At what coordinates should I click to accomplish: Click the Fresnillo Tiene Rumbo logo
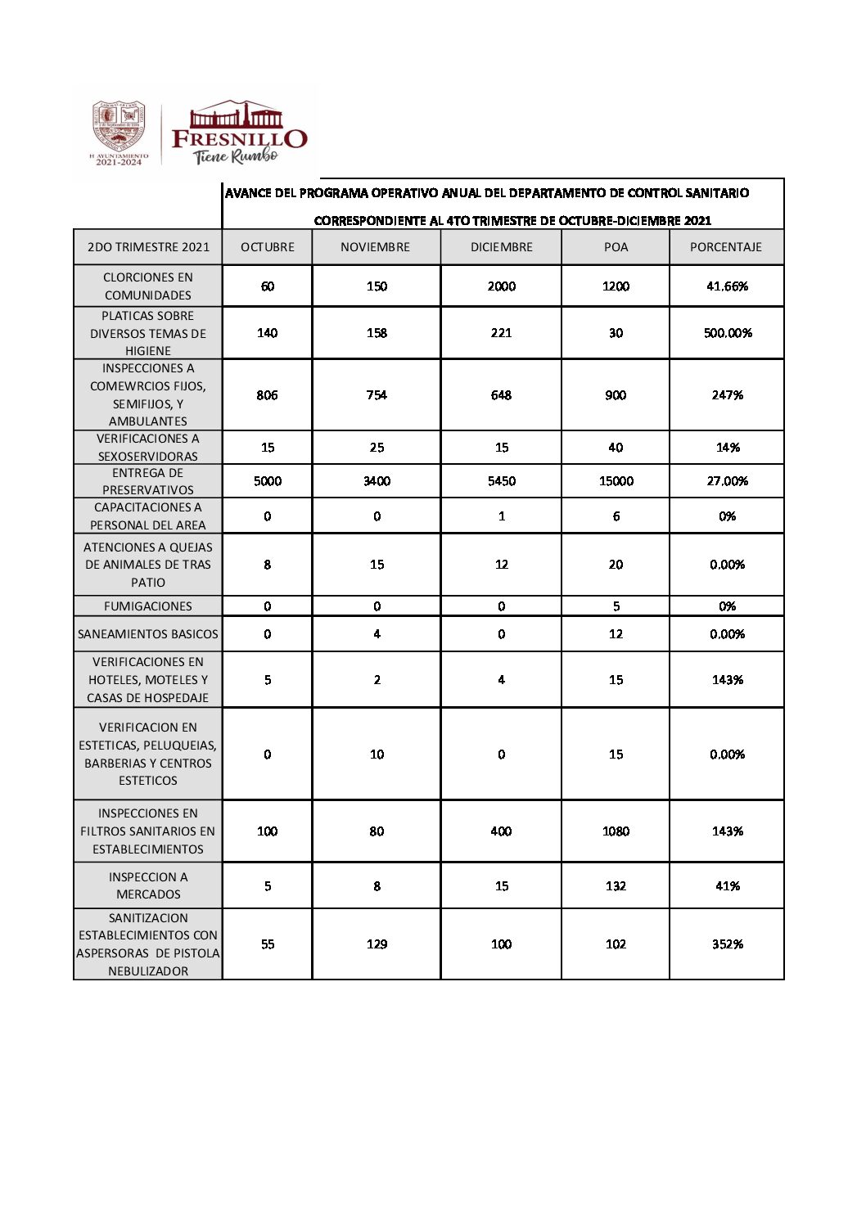tap(238, 133)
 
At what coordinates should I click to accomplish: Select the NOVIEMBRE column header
tap(376, 247)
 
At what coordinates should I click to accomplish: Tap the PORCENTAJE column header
tap(726, 247)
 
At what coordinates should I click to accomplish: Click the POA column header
tap(616, 247)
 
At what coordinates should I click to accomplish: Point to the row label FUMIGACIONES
tap(148, 606)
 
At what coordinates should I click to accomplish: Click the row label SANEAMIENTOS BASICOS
tap(148, 634)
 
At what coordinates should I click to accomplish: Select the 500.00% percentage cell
tap(728, 333)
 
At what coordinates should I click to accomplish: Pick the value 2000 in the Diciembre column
tap(502, 286)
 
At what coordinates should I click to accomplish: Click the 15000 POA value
tap(616, 481)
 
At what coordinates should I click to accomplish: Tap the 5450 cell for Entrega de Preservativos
tap(502, 481)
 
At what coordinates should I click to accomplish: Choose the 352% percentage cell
tap(728, 944)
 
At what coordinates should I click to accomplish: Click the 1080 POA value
tap(616, 831)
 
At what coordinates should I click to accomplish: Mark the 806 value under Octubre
tap(268, 395)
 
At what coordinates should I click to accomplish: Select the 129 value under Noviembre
tap(377, 944)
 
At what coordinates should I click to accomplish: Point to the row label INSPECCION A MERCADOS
tap(148, 885)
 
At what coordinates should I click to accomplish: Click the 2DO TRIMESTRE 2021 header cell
tap(148, 247)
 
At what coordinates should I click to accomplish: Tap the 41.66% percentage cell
tap(728, 286)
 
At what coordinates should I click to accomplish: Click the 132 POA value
tap(616, 886)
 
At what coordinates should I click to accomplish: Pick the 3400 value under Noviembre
tap(377, 481)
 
